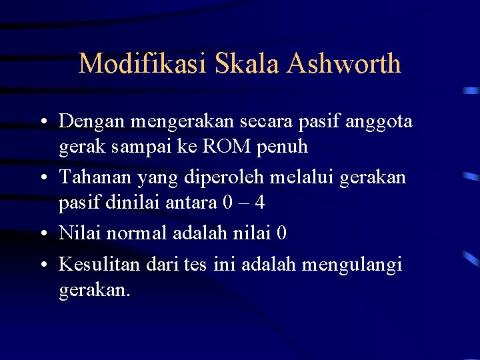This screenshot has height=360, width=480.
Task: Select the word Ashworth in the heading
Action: pos(345,64)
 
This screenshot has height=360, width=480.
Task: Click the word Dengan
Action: pos(92,123)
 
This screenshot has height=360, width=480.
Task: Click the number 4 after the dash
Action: pos(269,201)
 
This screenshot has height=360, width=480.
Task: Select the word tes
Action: pos(197,265)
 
